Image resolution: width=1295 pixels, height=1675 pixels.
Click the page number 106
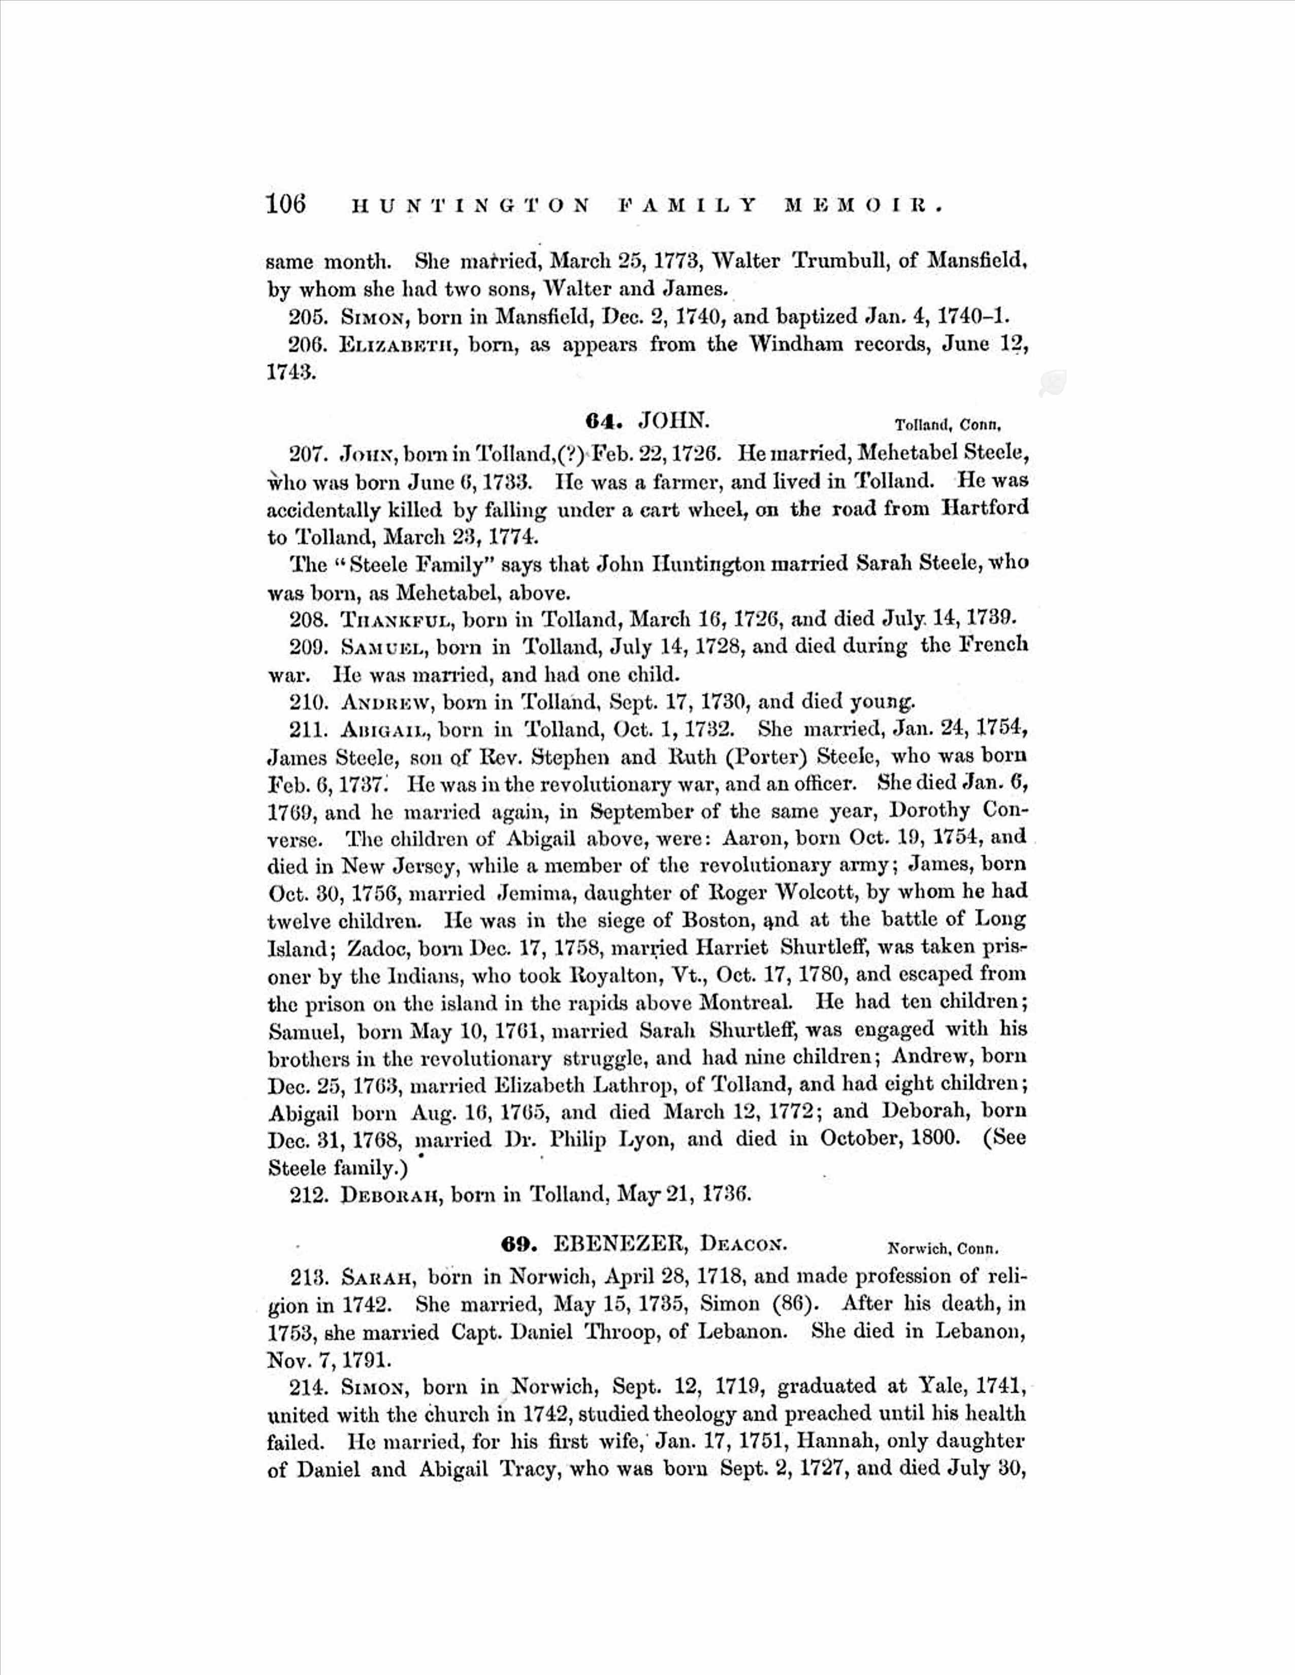click(x=285, y=204)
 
